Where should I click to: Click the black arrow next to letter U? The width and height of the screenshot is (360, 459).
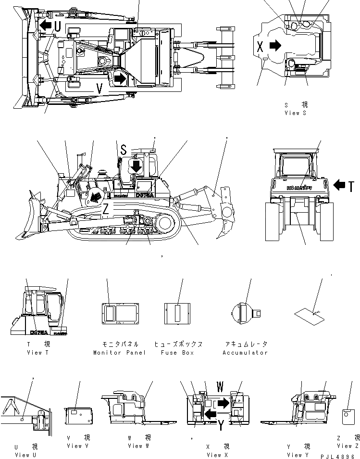pyautogui.click(x=46, y=25)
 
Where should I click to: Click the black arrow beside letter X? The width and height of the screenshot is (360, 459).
pyautogui.click(x=275, y=46)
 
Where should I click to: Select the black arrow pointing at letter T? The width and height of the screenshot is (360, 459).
pyautogui.click(x=339, y=184)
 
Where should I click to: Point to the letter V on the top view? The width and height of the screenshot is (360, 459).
pyautogui.click(x=99, y=89)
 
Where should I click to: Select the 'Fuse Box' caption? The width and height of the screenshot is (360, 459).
pyautogui.click(x=177, y=353)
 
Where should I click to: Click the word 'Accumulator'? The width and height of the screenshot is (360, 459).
pyautogui.click(x=245, y=353)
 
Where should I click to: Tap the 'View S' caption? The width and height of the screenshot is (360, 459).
pyautogui.click(x=295, y=113)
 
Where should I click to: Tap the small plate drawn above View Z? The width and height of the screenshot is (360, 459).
pyautogui.click(x=348, y=416)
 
